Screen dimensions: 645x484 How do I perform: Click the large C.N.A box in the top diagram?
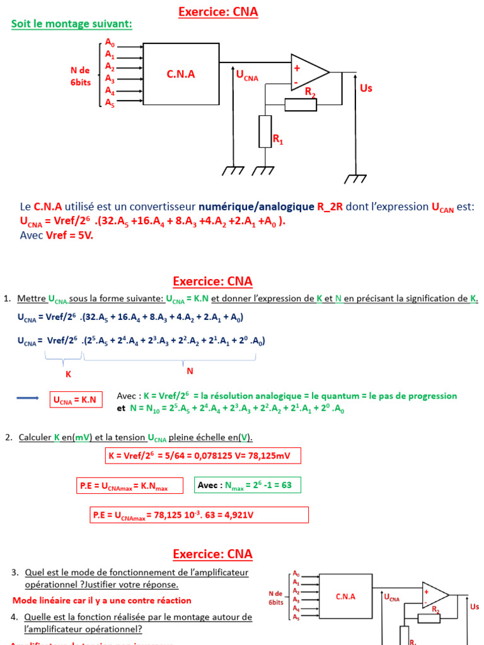click(x=181, y=74)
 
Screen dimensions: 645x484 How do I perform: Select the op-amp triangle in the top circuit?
click(x=308, y=72)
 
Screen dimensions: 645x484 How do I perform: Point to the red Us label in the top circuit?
click(x=366, y=88)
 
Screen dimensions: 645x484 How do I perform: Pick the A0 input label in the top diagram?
click(x=110, y=43)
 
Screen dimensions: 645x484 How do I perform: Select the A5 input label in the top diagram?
click(x=110, y=102)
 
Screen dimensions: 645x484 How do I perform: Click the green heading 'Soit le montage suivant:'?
click(x=72, y=24)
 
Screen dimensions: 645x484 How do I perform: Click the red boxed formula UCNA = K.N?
click(x=76, y=400)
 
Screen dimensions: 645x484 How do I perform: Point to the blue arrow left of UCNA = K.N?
click(x=27, y=398)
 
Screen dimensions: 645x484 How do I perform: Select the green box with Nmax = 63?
click(x=247, y=485)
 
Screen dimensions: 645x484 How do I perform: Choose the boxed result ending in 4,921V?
click(x=200, y=515)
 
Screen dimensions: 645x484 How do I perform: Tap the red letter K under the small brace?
click(x=69, y=374)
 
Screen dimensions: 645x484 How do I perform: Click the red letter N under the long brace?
click(x=189, y=371)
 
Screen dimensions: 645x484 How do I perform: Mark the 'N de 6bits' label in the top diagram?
click(x=80, y=76)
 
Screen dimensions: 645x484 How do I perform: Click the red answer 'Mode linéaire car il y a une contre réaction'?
click(x=101, y=600)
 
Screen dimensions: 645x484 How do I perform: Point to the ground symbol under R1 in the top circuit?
click(x=263, y=170)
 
